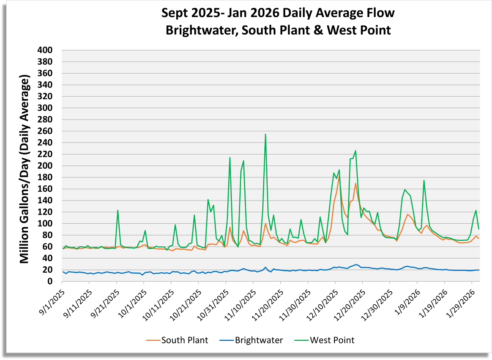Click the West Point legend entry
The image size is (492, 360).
[x=332, y=340]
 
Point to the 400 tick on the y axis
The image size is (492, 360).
[x=45, y=50]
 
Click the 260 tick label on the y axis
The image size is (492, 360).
[x=45, y=131]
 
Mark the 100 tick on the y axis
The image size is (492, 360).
[x=45, y=224]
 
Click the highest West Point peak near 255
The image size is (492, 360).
[x=265, y=134]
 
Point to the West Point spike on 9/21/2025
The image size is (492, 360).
[x=118, y=210]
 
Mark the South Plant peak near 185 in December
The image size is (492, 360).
[x=339, y=175]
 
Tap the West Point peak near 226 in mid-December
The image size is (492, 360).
[x=355, y=151]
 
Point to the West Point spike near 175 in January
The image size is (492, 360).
[x=424, y=180]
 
